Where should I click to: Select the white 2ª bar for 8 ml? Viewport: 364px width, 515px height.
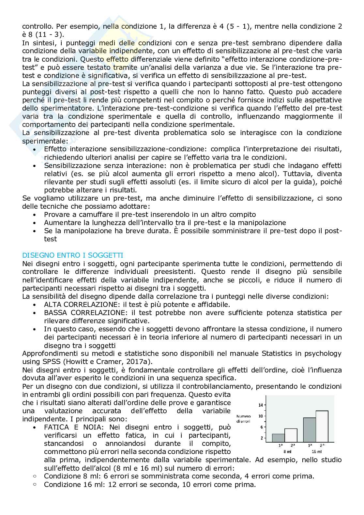point(291,435)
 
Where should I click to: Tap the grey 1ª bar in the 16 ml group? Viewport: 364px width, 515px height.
point(309,430)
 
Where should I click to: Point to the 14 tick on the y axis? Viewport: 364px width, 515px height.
point(260,405)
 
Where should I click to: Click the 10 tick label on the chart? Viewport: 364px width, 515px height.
point(260,416)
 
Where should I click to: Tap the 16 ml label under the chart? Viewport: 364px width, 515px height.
point(316,451)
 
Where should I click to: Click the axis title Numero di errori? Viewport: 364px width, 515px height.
point(243,418)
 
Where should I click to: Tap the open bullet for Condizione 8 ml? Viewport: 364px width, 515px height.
point(35,476)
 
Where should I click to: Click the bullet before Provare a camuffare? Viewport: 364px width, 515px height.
point(35,215)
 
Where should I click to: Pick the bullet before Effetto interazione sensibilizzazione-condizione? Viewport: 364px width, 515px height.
point(35,149)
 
